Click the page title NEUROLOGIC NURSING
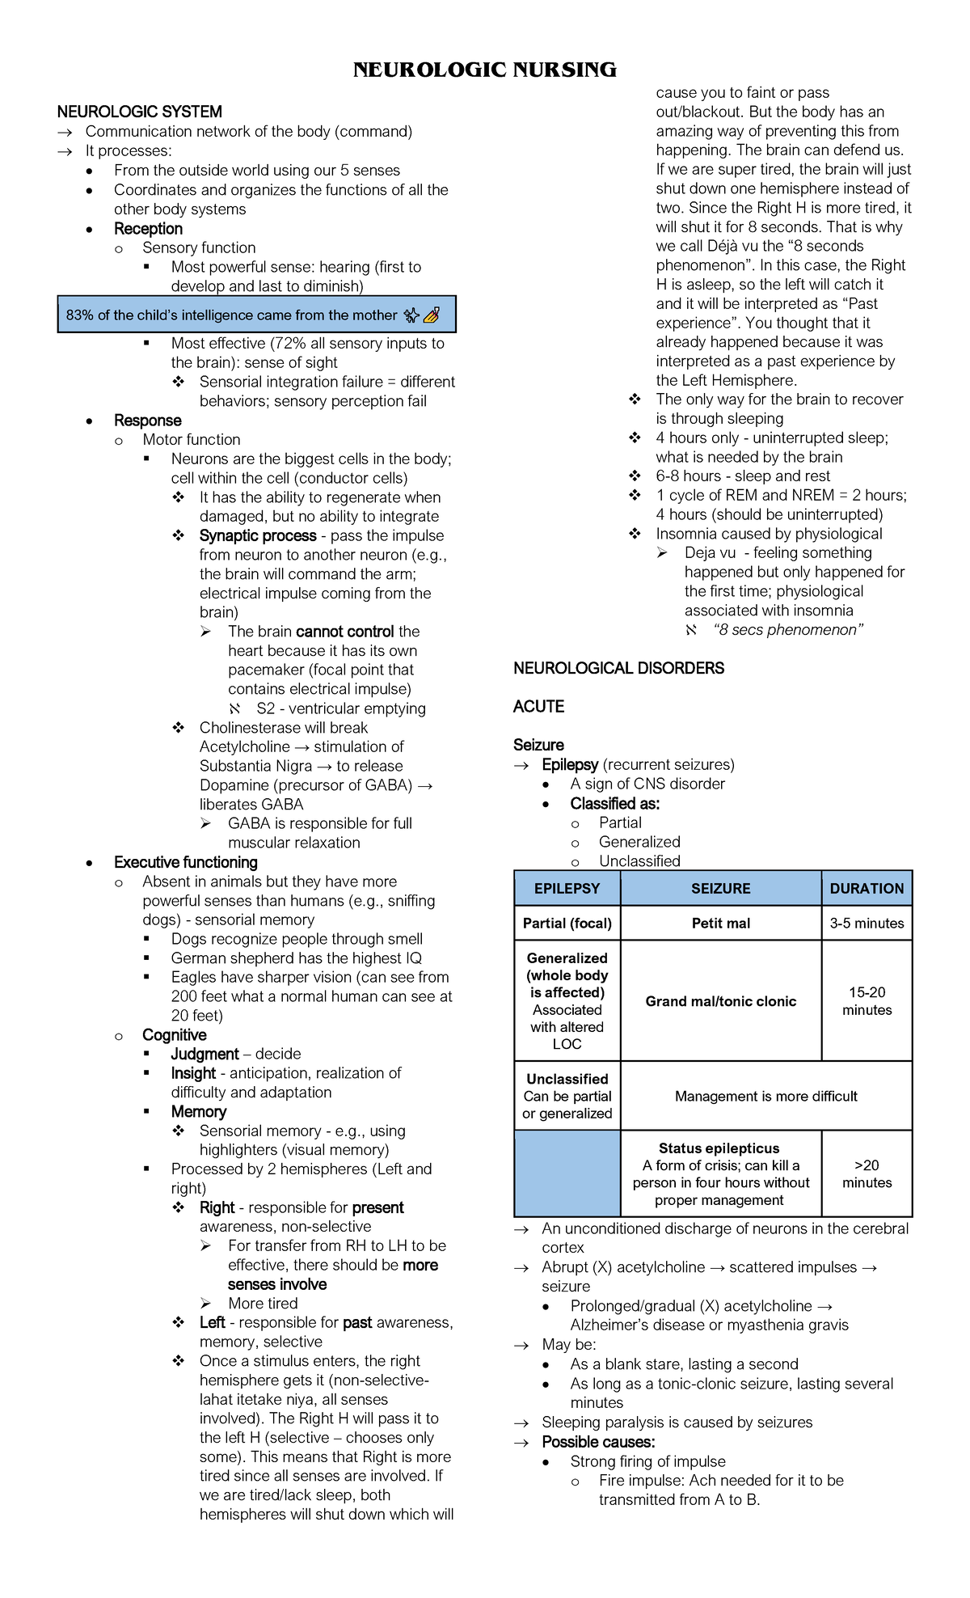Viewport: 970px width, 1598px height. pos(484,70)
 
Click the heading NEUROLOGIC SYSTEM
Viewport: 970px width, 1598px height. pos(139,112)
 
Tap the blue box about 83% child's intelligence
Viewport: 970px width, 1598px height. pos(256,315)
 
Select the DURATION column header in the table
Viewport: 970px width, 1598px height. pos(867,888)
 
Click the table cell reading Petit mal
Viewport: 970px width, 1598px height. pos(720,923)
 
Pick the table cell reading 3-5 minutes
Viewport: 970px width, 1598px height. pos(867,923)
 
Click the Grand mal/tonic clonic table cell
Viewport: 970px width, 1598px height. pos(720,1000)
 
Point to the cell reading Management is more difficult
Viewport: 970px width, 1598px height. pos(765,1096)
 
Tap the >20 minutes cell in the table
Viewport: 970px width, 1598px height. pos(867,1173)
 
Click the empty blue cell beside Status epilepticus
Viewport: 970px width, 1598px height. pos(567,1173)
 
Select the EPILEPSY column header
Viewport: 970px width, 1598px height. pos(567,888)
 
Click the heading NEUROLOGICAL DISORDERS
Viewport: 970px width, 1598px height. pos(618,668)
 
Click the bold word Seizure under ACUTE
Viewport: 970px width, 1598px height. pos(538,745)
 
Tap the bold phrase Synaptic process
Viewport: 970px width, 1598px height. pos(258,535)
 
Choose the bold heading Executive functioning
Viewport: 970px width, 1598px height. pos(186,862)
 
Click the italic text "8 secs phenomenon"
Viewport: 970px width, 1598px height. pos(788,630)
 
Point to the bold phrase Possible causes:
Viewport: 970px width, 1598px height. pos(598,1442)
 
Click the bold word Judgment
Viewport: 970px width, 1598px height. pos(205,1054)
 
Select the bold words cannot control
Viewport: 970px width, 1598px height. pos(345,632)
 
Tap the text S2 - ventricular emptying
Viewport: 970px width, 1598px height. pos(340,708)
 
